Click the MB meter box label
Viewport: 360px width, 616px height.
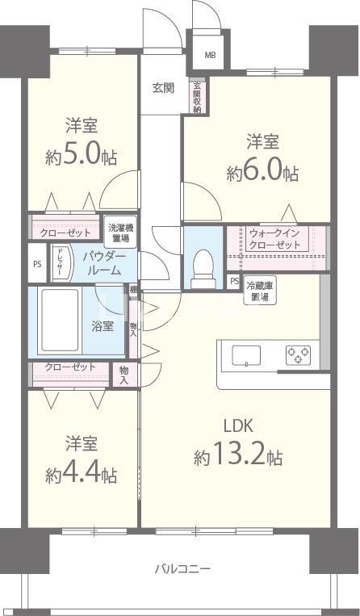click(210, 55)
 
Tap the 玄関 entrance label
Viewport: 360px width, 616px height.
click(162, 89)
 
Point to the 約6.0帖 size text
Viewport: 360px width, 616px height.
click(262, 173)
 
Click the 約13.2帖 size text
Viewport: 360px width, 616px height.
click(237, 458)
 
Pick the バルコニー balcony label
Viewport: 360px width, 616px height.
click(183, 569)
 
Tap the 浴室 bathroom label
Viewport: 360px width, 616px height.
click(103, 326)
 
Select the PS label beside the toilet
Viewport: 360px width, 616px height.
click(234, 282)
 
